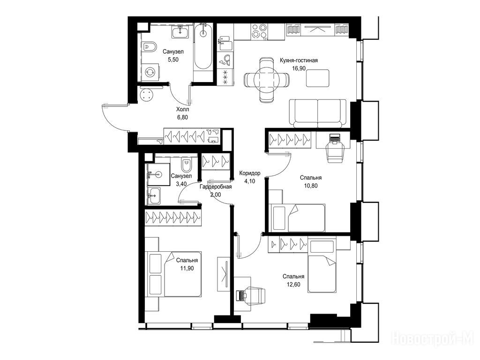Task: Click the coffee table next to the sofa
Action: [x=318, y=78]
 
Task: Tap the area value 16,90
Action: [x=299, y=68]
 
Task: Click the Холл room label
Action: [x=182, y=109]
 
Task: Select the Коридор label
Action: [x=250, y=173]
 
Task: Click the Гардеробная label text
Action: [x=216, y=187]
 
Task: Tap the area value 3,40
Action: [x=181, y=184]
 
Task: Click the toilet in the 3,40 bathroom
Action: [x=186, y=165]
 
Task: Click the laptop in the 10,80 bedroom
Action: [x=334, y=138]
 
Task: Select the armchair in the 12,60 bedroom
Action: [x=255, y=296]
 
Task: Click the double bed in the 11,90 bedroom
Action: [x=175, y=274]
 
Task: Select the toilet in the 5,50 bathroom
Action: [x=149, y=47]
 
